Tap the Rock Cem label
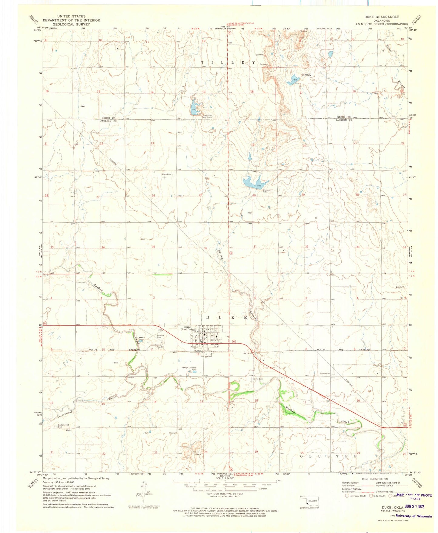167,174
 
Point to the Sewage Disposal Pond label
189,369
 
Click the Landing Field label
161,336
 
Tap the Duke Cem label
258,379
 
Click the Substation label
325,373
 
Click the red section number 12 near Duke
198,354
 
